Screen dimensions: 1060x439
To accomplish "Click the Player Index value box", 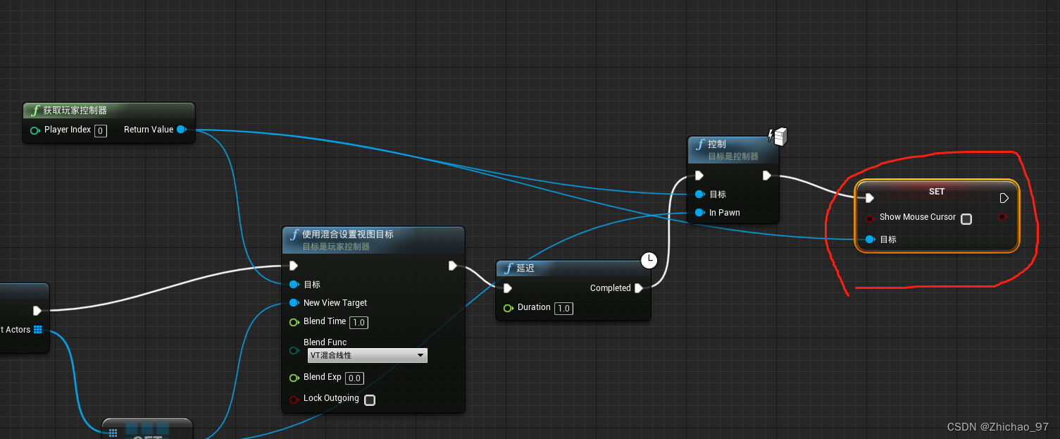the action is click(x=100, y=130).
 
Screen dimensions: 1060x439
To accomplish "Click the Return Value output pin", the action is click(x=181, y=130).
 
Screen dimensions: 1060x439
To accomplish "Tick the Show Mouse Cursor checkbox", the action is click(x=966, y=219).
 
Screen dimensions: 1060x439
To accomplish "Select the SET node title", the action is click(x=936, y=192).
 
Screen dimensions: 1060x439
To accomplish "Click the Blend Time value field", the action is click(x=358, y=323).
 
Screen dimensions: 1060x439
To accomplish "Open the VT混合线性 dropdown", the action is click(x=368, y=356).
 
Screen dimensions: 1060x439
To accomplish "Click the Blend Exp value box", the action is click(x=354, y=378).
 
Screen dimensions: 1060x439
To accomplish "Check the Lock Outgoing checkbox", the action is click(x=370, y=400).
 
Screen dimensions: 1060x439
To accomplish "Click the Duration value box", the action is click(x=563, y=309).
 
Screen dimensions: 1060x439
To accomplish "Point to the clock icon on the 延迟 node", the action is click(x=649, y=261).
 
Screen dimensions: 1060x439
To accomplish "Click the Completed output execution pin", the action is click(x=638, y=288).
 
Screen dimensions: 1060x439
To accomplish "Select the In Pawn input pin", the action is click(x=699, y=213).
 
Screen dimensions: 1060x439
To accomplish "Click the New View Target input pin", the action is click(x=294, y=303).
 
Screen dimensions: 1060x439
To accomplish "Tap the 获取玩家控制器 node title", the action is click(x=75, y=111).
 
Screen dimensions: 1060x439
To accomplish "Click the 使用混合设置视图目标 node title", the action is click(x=348, y=235).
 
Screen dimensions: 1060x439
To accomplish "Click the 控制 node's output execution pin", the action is click(x=767, y=175).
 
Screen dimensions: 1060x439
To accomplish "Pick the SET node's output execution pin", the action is click(x=1004, y=198).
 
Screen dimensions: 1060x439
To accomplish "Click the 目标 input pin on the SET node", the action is click(x=871, y=240).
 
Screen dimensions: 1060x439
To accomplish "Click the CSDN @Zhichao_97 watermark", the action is click(x=997, y=427).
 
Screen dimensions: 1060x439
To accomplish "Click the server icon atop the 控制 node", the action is click(x=779, y=135).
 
